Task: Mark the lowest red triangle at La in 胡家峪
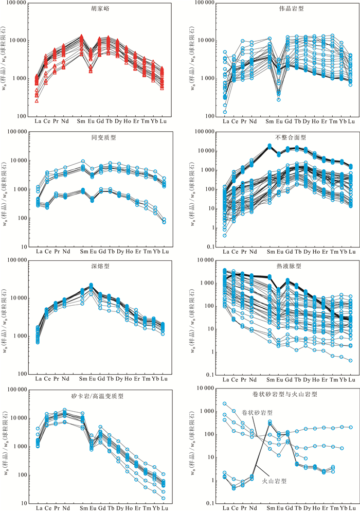click(37, 100)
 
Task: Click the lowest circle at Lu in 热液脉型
click(351, 361)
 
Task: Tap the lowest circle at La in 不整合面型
click(225, 236)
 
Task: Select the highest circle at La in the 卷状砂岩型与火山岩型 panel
click(225, 404)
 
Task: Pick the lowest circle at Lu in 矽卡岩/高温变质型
click(164, 498)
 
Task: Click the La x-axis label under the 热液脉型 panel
click(225, 380)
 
